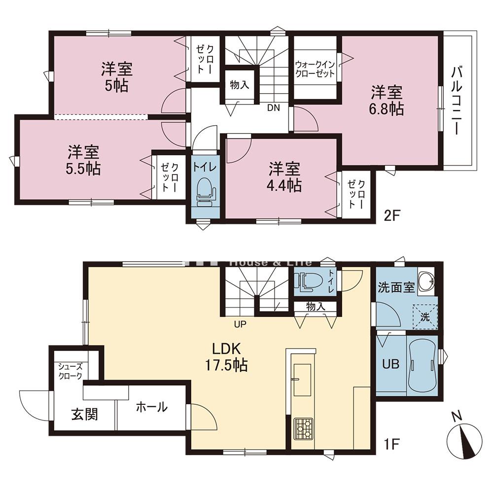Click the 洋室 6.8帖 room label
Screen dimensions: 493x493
387,101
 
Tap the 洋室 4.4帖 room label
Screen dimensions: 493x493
284,177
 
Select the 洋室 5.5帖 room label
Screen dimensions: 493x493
83,160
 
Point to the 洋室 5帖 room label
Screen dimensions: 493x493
117,77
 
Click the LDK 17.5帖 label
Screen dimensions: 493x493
226,357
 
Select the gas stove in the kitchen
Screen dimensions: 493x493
303,428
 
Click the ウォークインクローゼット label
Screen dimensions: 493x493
315,70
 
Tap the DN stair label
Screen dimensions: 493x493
273,108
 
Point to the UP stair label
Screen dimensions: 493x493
240,324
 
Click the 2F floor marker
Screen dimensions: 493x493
391,216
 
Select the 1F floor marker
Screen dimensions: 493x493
391,444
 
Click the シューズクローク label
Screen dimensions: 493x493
70,371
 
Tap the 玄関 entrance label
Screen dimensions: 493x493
85,415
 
